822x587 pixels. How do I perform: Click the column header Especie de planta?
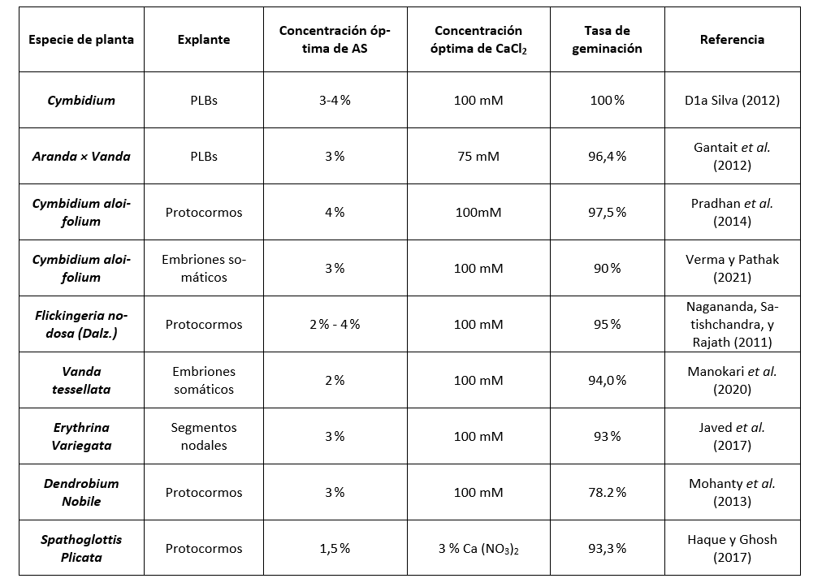pyautogui.click(x=81, y=39)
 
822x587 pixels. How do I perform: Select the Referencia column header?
pyautogui.click(x=732, y=39)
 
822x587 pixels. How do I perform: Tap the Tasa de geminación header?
pyautogui.click(x=607, y=39)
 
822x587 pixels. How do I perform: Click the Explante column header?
pyautogui.click(x=203, y=39)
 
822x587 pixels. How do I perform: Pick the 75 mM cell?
pyautogui.click(x=478, y=156)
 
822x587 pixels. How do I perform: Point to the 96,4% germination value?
pyautogui.click(x=607, y=156)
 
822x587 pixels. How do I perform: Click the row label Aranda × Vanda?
pyautogui.click(x=81, y=156)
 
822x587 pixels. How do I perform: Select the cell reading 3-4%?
pyautogui.click(x=335, y=100)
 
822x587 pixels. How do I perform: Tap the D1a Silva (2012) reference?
pyautogui.click(x=732, y=100)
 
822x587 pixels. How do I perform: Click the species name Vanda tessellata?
pyautogui.click(x=81, y=380)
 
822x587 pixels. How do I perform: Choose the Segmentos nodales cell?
pyautogui.click(x=203, y=436)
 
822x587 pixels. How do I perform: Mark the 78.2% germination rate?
pyautogui.click(x=607, y=492)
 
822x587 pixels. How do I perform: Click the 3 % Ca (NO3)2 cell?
pyautogui.click(x=478, y=548)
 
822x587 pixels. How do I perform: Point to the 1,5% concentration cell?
pyautogui.click(x=335, y=548)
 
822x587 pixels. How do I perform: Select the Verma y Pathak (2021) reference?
pyautogui.click(x=732, y=268)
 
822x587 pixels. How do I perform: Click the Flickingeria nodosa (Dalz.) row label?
pyautogui.click(x=81, y=324)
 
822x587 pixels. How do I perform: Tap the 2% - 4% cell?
pyautogui.click(x=335, y=324)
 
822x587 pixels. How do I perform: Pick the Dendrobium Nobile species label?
pyautogui.click(x=81, y=492)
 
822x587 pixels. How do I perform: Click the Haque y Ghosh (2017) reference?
pyautogui.click(x=732, y=548)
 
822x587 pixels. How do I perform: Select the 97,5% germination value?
pyautogui.click(x=607, y=212)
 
